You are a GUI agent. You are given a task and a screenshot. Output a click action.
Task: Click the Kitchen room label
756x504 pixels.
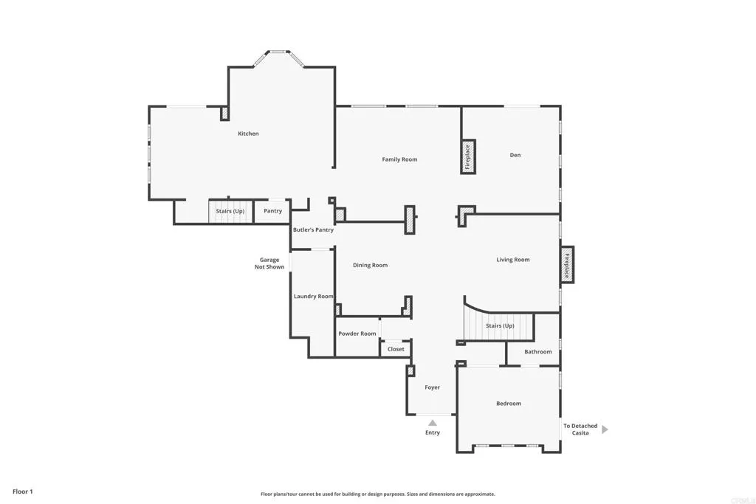click(248, 134)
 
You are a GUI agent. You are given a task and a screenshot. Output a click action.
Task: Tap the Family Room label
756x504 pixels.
click(399, 159)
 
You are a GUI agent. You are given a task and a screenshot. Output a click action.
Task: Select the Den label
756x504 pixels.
click(515, 155)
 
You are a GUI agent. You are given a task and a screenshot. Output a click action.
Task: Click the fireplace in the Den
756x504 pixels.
click(468, 156)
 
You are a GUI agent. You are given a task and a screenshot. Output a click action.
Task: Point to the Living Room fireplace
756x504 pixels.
click(567, 265)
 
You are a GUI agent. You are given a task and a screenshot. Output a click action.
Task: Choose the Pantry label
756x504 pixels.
click(272, 211)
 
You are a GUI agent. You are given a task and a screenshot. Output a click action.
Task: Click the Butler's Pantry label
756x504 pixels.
click(313, 229)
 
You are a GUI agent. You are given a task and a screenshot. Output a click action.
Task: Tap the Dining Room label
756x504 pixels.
click(370, 265)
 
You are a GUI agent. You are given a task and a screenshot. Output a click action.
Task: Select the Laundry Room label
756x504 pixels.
click(314, 296)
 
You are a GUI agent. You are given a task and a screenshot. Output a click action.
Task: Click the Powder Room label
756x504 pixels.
click(357, 334)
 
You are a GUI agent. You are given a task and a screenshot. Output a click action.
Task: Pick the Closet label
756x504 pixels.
click(396, 349)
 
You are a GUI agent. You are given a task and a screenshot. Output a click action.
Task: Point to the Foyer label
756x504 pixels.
click(433, 387)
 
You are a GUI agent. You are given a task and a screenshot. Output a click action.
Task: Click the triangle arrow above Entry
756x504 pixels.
click(433, 423)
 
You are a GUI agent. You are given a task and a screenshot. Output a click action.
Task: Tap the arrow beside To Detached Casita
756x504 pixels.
click(605, 429)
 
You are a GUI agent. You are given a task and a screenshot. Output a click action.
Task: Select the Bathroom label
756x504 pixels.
click(538, 352)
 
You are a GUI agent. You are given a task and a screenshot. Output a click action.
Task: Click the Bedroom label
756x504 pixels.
click(509, 404)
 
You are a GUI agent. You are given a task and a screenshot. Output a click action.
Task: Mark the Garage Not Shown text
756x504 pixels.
click(270, 263)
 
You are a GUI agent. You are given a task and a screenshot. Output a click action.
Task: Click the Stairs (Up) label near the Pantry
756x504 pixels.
click(230, 211)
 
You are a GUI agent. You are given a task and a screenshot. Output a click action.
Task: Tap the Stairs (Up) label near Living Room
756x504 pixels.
click(500, 325)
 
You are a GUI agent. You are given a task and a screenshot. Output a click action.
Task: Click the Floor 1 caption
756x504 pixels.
click(23, 491)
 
